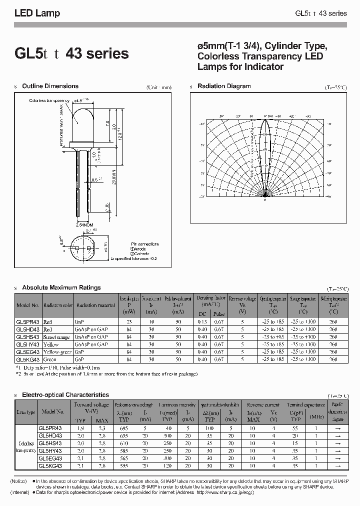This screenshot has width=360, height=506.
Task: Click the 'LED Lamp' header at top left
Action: (x=37, y=13)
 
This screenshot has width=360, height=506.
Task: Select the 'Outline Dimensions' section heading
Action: (x=50, y=86)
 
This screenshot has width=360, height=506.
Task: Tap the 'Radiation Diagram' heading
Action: (x=224, y=86)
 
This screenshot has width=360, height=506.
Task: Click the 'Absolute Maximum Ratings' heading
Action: (x=61, y=287)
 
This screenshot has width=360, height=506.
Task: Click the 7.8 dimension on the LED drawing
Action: (x=108, y=123)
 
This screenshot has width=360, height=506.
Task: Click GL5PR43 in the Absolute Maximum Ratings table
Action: (x=27, y=322)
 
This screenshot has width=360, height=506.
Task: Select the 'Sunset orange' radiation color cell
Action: (x=56, y=337)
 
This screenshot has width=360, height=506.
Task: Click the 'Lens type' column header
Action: (x=26, y=412)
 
